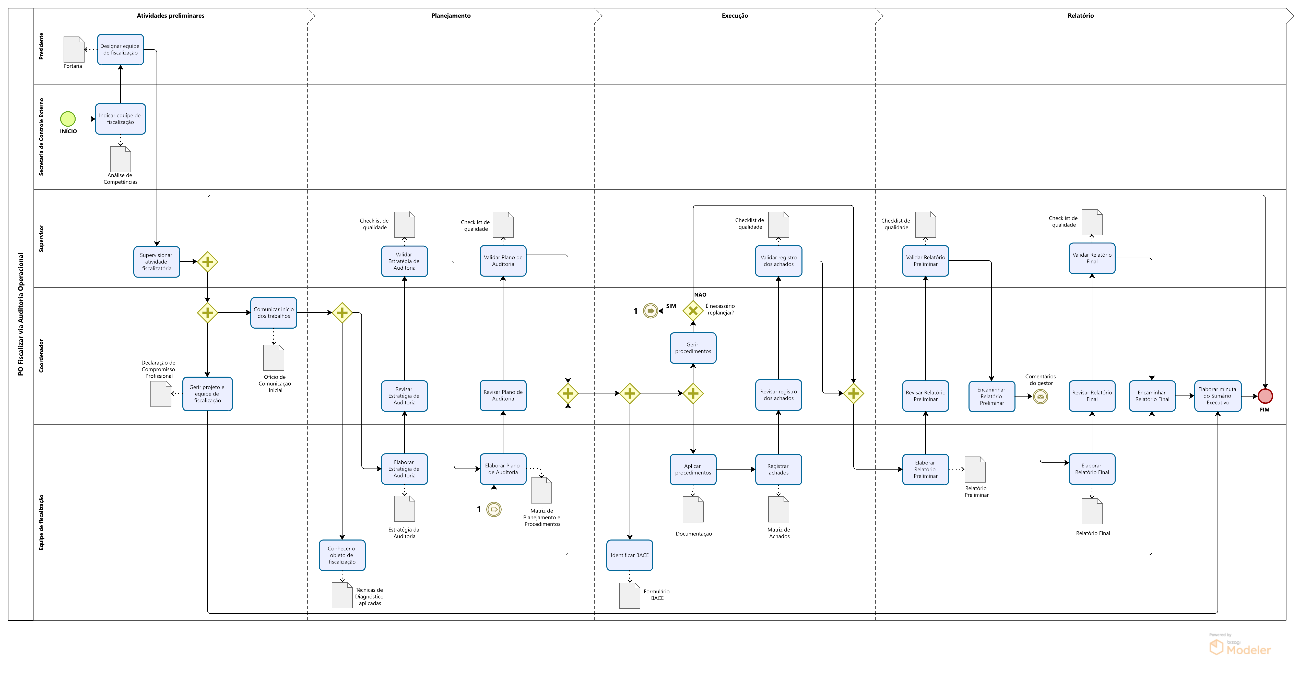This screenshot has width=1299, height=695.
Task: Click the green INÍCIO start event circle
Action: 68,119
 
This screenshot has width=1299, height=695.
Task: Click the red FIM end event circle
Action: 1265,396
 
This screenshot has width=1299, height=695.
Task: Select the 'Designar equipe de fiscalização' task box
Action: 121,49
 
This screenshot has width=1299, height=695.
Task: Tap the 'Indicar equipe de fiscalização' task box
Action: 121,119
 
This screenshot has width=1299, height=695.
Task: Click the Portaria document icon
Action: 74,49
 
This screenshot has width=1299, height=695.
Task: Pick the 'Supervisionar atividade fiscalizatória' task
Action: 156,261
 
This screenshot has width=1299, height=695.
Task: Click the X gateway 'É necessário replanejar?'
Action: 693,311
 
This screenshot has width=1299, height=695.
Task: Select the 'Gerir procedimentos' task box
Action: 693,348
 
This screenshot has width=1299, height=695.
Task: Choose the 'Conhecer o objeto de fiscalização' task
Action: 342,555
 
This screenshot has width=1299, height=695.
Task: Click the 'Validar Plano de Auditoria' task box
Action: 503,261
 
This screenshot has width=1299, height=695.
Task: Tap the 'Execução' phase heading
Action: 735,16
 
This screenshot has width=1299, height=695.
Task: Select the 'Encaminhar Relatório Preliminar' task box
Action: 991,396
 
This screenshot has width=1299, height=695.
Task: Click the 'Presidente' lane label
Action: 41,46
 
